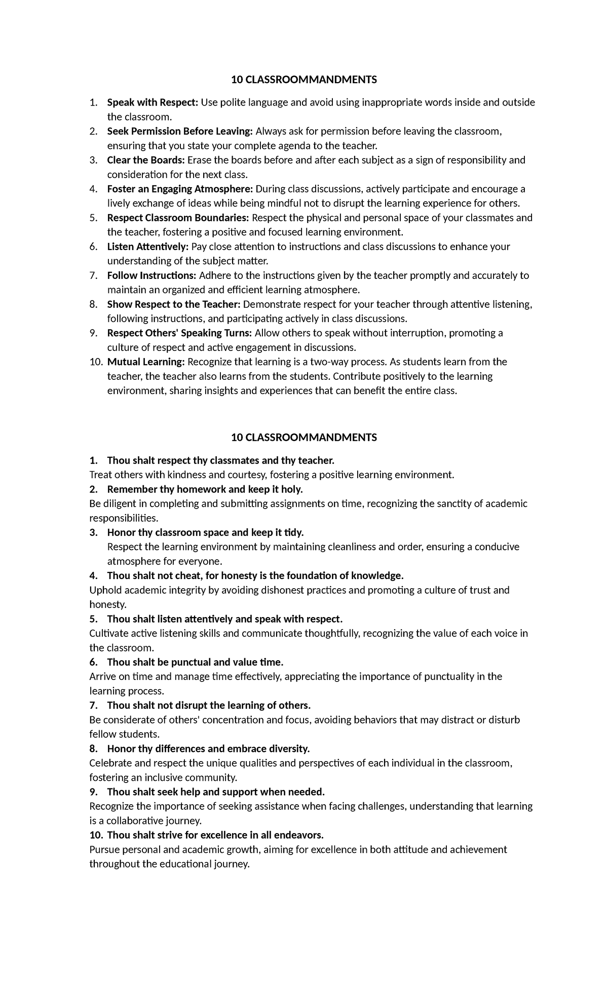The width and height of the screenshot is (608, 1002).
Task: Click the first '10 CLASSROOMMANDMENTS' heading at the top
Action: pyautogui.click(x=304, y=80)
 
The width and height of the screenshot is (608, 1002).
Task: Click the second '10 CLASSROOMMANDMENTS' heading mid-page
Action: pyautogui.click(x=304, y=438)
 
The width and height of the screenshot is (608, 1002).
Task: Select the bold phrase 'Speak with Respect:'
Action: pyautogui.click(x=153, y=102)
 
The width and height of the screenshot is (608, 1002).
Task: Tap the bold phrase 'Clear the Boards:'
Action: pyautogui.click(x=146, y=160)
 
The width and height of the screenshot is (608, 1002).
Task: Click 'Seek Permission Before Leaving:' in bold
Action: pyautogui.click(x=180, y=131)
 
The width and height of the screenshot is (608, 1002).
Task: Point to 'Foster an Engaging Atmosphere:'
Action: pyautogui.click(x=180, y=189)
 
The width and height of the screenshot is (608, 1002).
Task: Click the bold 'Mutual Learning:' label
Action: pyautogui.click(x=146, y=362)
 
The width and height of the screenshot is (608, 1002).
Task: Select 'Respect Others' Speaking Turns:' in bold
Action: pyautogui.click(x=179, y=333)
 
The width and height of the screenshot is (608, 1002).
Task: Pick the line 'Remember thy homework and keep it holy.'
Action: pyautogui.click(x=205, y=489)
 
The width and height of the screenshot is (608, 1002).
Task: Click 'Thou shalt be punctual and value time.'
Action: pyautogui.click(x=195, y=662)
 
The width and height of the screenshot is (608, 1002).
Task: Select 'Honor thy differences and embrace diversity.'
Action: pyautogui.click(x=208, y=748)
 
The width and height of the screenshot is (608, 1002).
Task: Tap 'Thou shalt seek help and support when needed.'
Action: pyautogui.click(x=215, y=792)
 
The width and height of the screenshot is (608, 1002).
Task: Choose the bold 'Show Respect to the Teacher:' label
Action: pyautogui.click(x=174, y=304)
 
